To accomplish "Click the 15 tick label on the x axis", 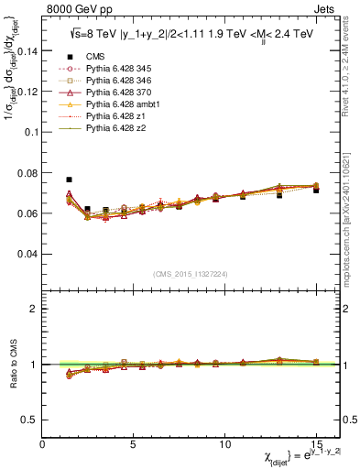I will pyautogui.click(x=316, y=444).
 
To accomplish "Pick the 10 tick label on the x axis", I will pyautogui.click(x=224, y=444).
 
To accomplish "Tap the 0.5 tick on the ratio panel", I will pyautogui.click(x=30, y=420).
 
